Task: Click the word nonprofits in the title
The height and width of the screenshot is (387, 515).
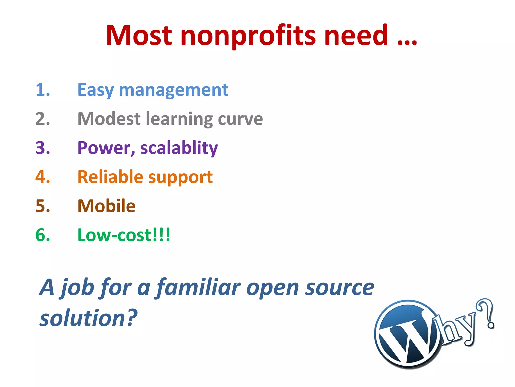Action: tap(248, 36)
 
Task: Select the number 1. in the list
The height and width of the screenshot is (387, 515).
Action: tap(43, 90)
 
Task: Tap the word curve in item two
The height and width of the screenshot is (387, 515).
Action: tap(240, 119)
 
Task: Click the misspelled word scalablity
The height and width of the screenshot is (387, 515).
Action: tap(179, 148)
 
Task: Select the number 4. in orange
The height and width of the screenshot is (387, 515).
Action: tap(43, 177)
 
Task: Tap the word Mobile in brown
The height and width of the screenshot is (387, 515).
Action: tap(106, 206)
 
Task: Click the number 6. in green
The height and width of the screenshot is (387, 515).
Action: tap(43, 235)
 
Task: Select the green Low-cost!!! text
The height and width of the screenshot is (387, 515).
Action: tap(124, 235)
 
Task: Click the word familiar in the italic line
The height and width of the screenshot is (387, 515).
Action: tap(199, 288)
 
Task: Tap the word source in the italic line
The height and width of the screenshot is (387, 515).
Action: tap(339, 288)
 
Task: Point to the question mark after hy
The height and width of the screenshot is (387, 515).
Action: tap(487, 314)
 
